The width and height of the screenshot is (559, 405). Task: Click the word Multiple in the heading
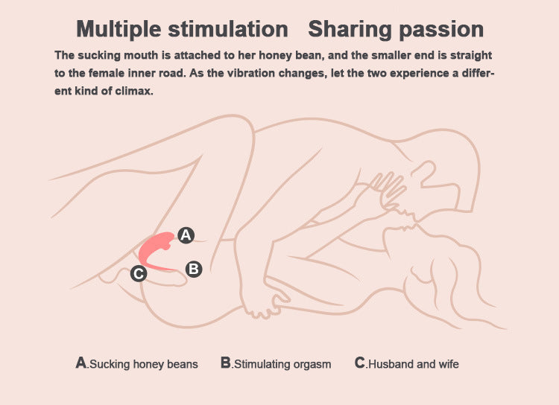[x=119, y=29]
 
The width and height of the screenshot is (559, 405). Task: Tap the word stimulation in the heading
[x=228, y=28]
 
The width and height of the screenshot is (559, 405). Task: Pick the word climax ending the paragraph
[x=133, y=91]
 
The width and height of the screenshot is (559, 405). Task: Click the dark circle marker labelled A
[x=186, y=235]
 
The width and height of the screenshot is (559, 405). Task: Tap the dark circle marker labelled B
[x=194, y=269]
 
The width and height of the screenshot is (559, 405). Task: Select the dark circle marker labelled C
[x=139, y=273]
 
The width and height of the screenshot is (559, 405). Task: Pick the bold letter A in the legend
[x=81, y=363]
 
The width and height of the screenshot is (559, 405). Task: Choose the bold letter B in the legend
[x=226, y=363]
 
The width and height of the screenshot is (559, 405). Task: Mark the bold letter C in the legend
[x=360, y=363]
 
